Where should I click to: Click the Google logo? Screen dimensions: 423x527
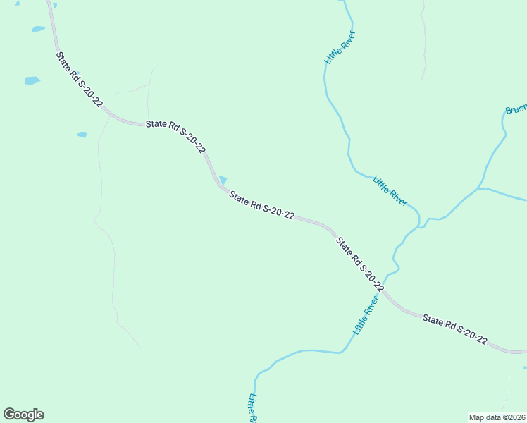pos(23,415)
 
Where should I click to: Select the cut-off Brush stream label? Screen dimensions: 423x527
pos(516,109)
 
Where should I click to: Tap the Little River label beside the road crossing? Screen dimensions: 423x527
pos(366,314)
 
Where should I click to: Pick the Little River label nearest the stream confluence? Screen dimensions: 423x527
pos(390,190)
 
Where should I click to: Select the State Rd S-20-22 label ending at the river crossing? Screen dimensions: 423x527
pos(359,264)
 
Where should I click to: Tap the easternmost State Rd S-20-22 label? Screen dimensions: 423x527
pos(455,329)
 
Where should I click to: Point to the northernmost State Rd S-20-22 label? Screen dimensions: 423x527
pos(79,78)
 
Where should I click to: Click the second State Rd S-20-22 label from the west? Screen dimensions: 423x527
pos(175,136)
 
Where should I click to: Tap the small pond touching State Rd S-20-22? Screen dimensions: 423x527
pos(223,180)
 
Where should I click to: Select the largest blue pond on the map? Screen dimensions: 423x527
pos(32,80)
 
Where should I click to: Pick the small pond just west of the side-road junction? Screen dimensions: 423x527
pos(82,135)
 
